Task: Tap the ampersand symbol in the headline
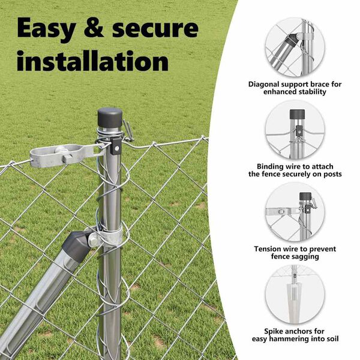pos(94,28)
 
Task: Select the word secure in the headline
pos(155,28)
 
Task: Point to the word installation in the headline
pos(93,61)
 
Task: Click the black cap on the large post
pos(110,118)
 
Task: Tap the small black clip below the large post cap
pos(116,146)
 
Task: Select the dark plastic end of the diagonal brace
pos(77,245)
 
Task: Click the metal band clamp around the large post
pos(110,237)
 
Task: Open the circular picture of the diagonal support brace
pos(295,47)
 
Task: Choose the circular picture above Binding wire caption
pos(295,129)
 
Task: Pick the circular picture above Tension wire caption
pos(295,212)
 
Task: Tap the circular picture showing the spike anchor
pos(295,294)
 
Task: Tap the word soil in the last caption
pos(332,339)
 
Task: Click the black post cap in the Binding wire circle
pos(298,114)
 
